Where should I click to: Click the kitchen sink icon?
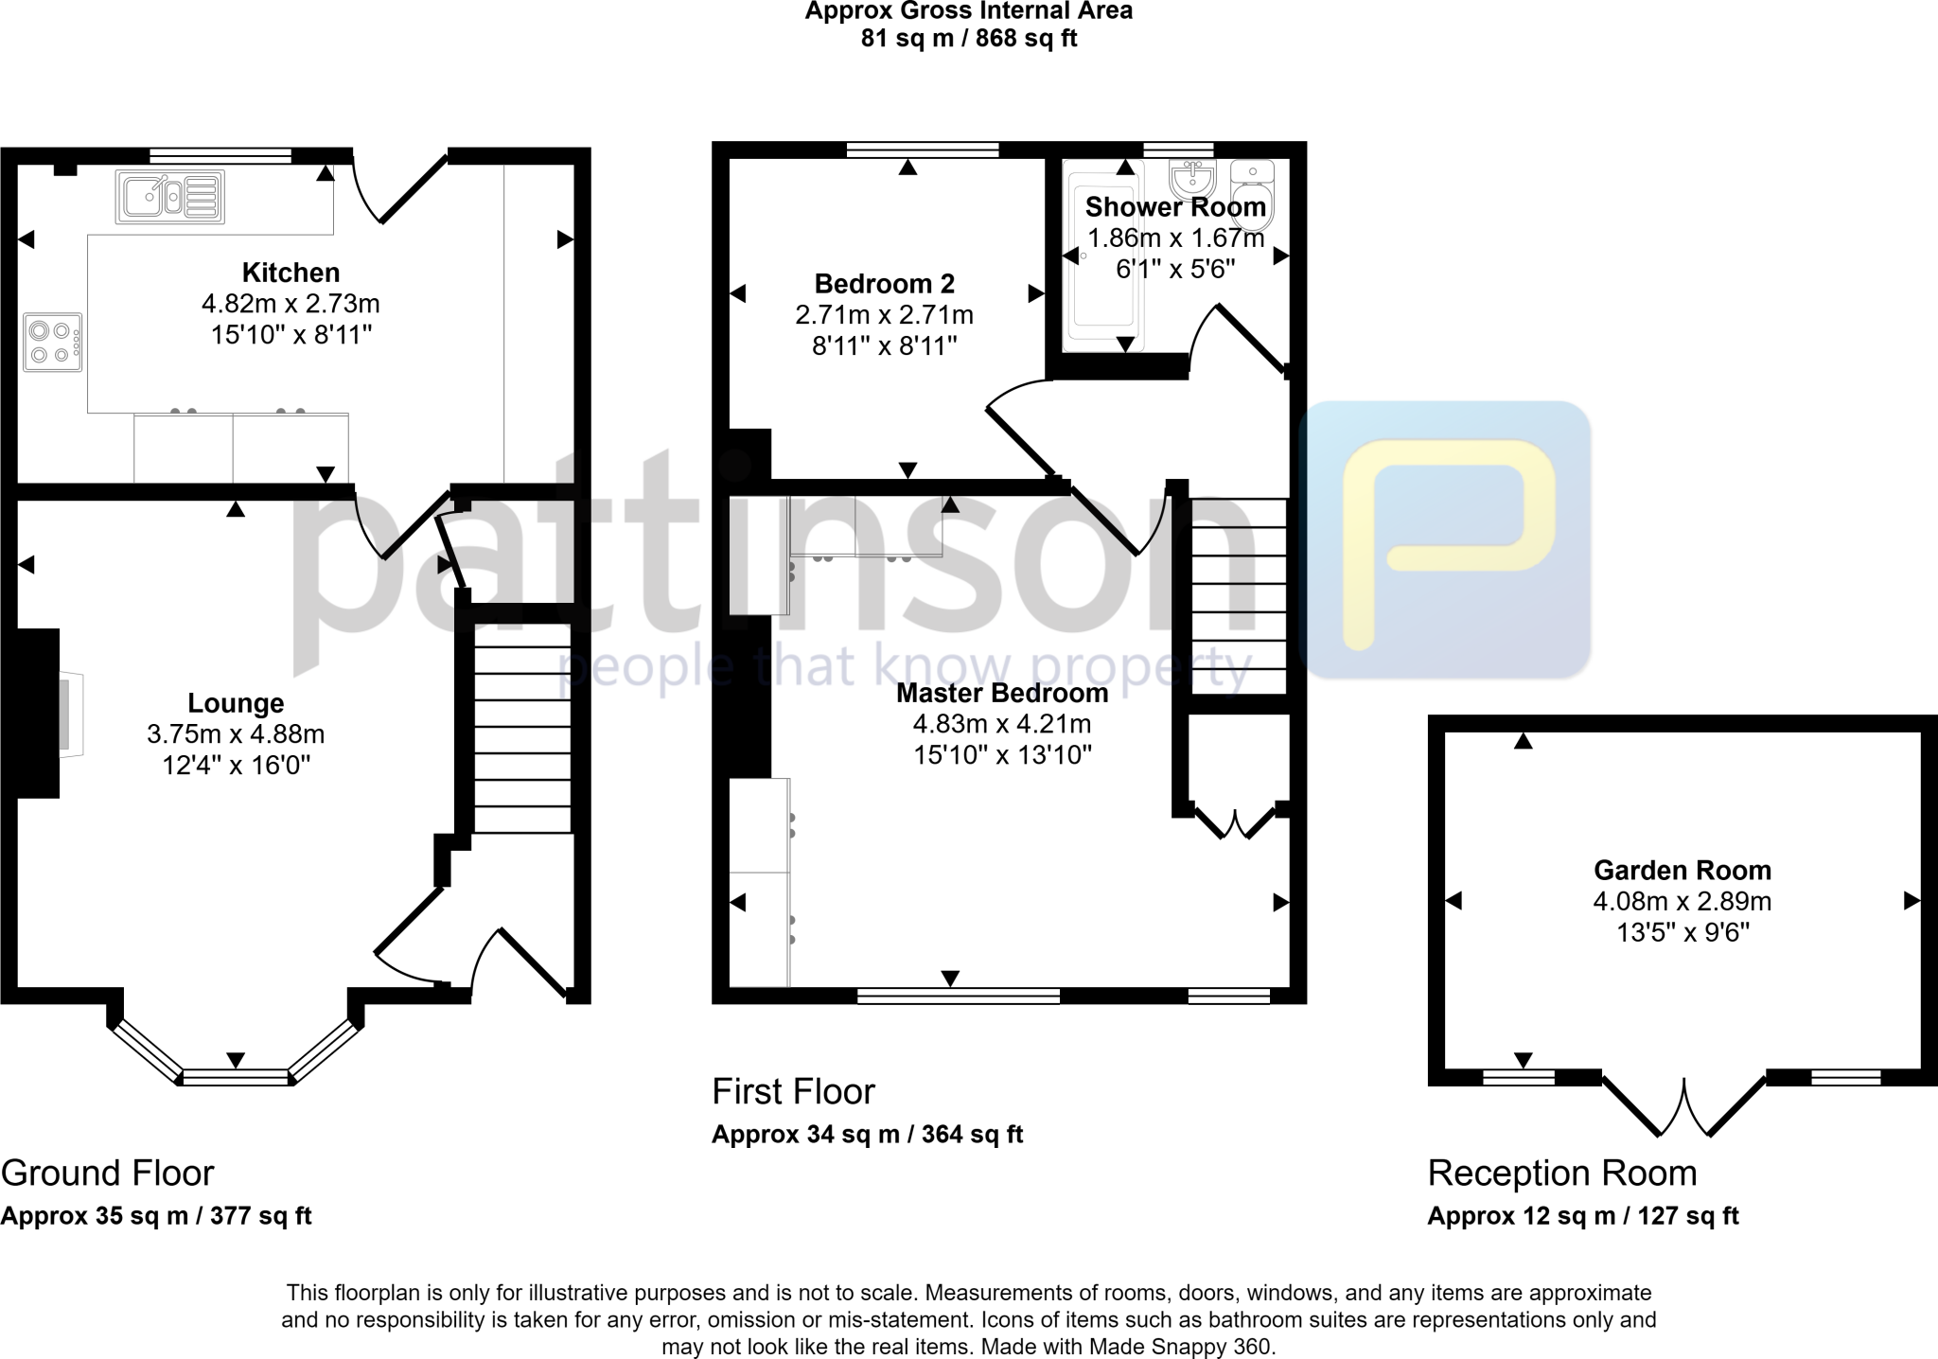tap(170, 197)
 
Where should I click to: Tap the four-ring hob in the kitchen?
tap(53, 343)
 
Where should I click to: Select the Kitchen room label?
tap(291, 273)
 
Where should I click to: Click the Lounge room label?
tap(236, 703)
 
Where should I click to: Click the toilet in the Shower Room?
tap(1252, 195)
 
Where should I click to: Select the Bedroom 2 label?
tap(884, 284)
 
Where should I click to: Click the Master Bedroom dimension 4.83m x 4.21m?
tap(1001, 724)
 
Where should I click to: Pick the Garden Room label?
tap(1682, 870)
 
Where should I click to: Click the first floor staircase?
tap(1238, 596)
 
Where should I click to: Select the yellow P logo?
tap(1448, 539)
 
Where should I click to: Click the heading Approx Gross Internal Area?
tap(968, 11)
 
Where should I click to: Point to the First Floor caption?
tap(793, 1091)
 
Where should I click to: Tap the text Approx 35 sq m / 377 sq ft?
tap(155, 1216)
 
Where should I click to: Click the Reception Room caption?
tap(1561, 1173)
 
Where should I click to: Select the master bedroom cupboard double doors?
tap(1235, 823)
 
